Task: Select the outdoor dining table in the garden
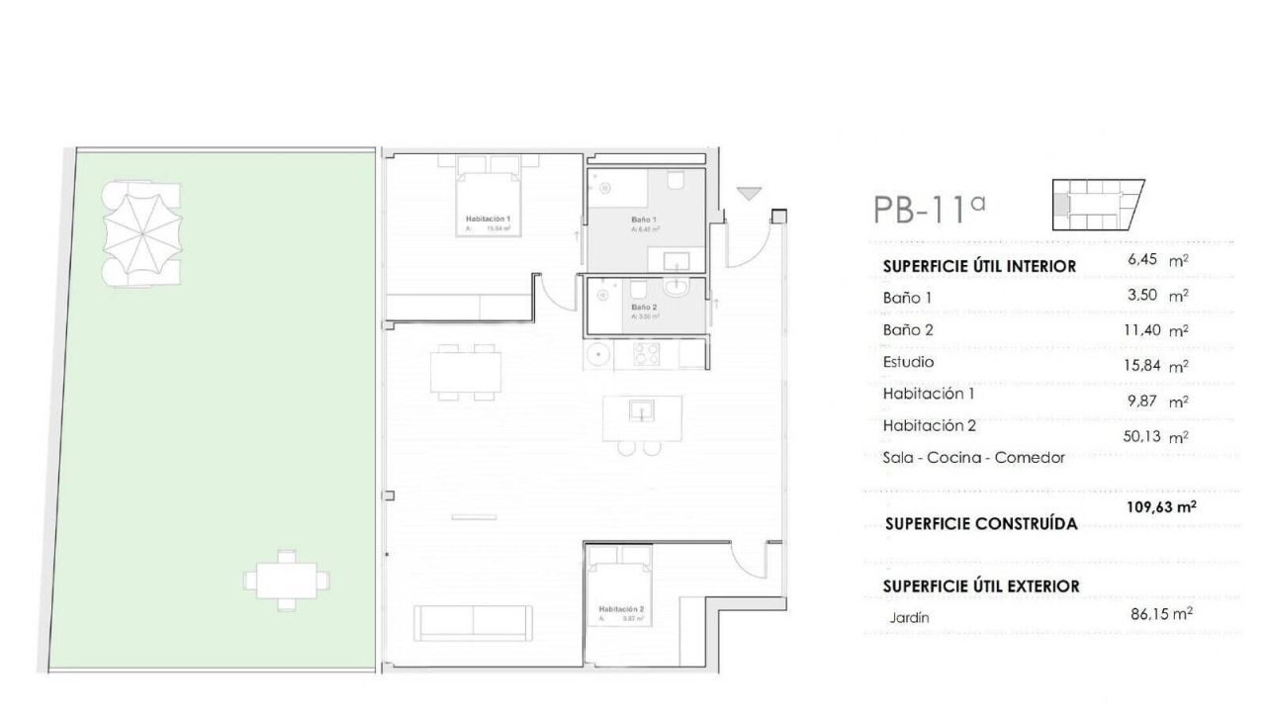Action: point(286,579)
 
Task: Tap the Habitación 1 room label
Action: point(488,219)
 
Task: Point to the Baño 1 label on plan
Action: point(644,220)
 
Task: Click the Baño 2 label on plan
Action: point(645,308)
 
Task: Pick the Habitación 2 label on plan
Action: point(621,609)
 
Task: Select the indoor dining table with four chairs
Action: point(463,372)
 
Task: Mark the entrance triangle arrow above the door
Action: point(751,194)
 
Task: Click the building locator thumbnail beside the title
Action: point(1095,205)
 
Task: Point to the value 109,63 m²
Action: point(1161,506)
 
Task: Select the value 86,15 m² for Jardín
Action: point(1160,613)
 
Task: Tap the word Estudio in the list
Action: point(908,362)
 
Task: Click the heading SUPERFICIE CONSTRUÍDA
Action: point(980,524)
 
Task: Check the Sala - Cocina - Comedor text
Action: point(973,458)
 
